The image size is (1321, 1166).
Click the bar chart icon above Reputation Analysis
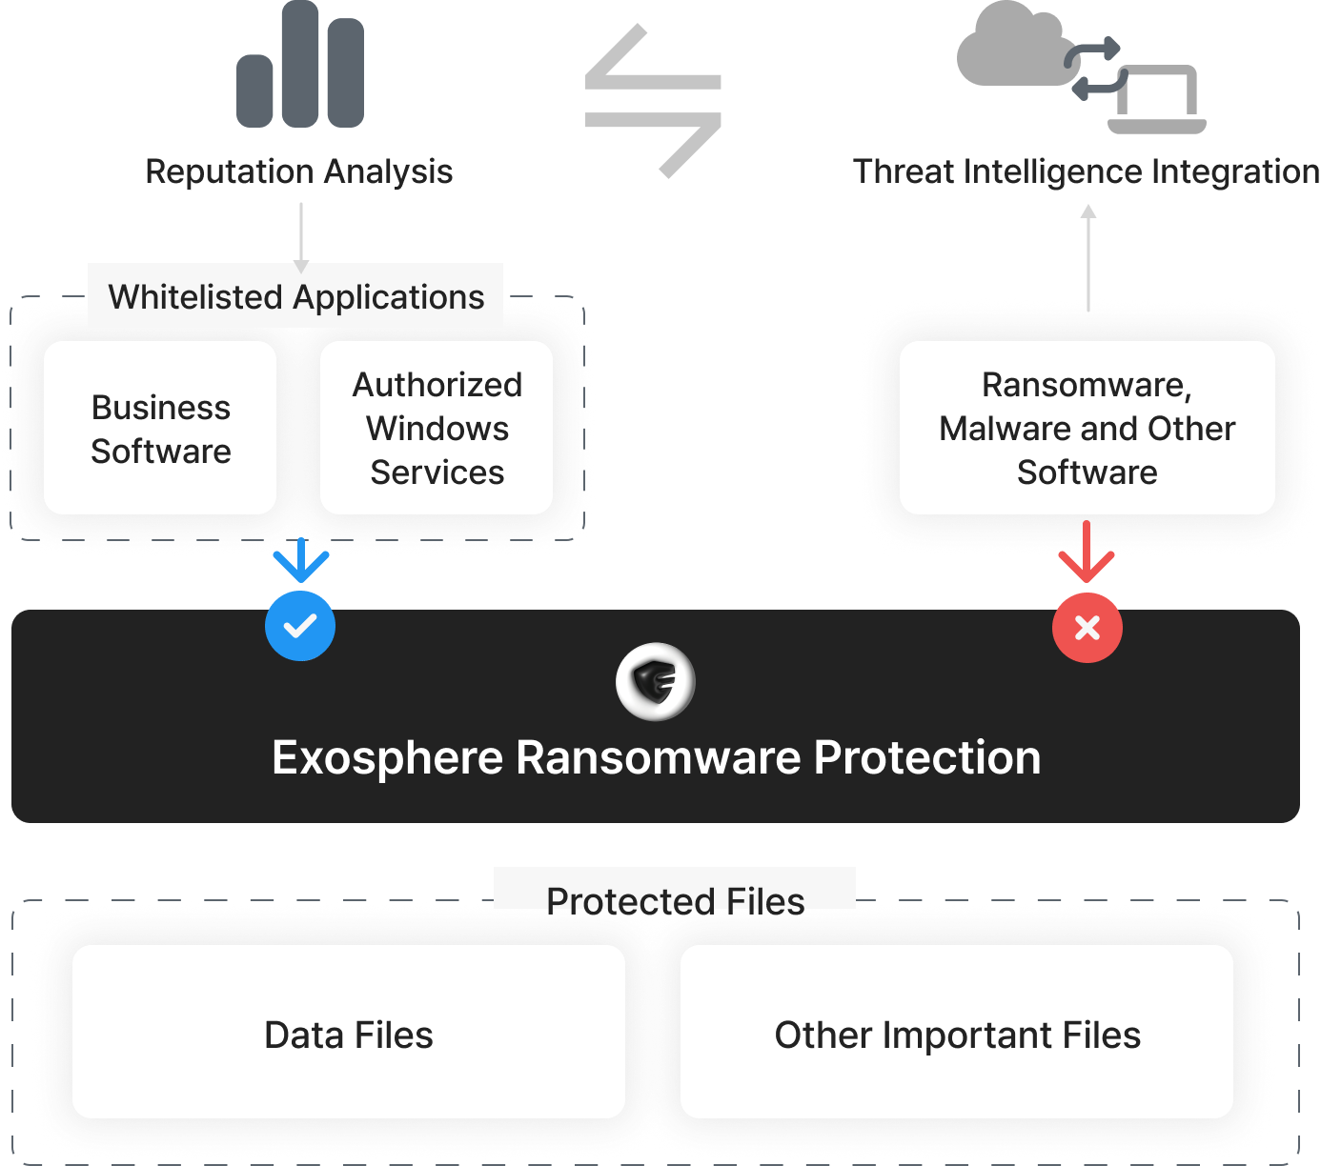click(300, 65)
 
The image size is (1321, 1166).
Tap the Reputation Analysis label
click(298, 171)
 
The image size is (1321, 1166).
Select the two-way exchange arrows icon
click(654, 101)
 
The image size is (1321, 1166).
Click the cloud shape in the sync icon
click(1008, 48)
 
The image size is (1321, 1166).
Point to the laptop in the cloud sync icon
click(1157, 99)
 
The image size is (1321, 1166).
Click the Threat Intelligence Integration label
click(1086, 171)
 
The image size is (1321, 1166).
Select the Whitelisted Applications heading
click(295, 296)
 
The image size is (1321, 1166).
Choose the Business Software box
click(160, 429)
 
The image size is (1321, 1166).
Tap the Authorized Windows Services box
click(437, 429)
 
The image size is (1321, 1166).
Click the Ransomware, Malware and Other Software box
click(1087, 429)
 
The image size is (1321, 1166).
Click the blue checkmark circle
click(300, 626)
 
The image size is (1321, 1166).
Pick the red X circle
click(1087, 627)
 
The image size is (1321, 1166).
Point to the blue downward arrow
click(301, 561)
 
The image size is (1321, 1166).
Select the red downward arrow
click(1087, 553)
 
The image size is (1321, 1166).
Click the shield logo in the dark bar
click(655, 681)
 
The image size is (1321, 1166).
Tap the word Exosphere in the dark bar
click(387, 758)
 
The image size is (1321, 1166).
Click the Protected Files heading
click(675, 900)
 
